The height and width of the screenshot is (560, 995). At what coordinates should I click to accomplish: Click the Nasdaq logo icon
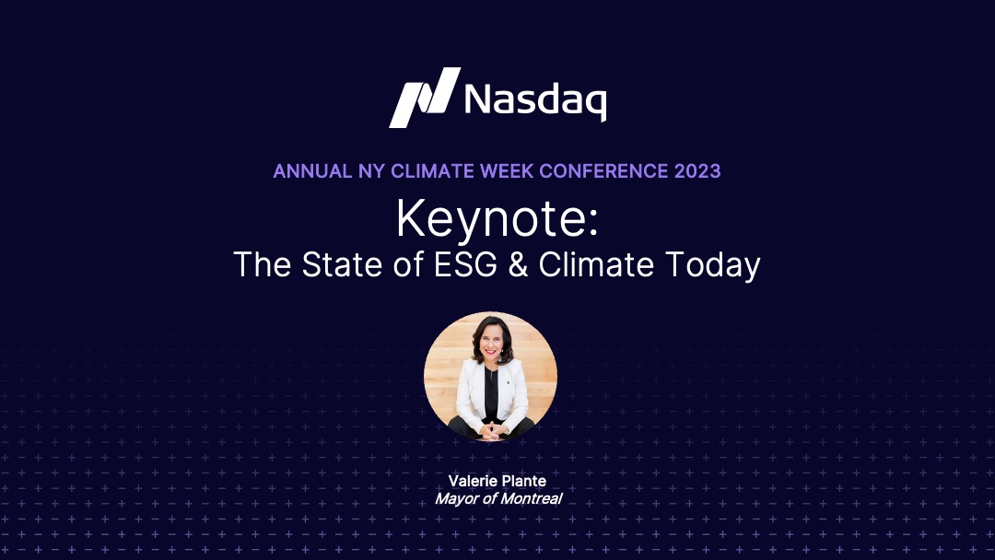pyautogui.click(x=425, y=98)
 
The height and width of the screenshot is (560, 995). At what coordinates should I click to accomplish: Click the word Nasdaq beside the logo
pyautogui.click(x=535, y=100)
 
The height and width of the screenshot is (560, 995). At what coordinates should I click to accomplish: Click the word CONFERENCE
pyautogui.click(x=603, y=171)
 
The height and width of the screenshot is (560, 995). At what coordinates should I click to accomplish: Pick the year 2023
pyautogui.click(x=697, y=171)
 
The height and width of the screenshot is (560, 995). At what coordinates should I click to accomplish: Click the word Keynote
pyautogui.click(x=492, y=219)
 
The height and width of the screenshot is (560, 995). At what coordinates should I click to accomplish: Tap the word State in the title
pyautogui.click(x=342, y=264)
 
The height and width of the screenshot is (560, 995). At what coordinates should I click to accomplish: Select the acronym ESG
pyautogui.click(x=465, y=264)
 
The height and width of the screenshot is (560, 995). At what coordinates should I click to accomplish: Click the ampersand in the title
pyautogui.click(x=518, y=264)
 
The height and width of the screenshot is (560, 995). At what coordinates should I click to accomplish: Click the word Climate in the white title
pyautogui.click(x=596, y=264)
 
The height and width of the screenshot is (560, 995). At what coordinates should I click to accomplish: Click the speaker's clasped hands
pyautogui.click(x=490, y=431)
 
